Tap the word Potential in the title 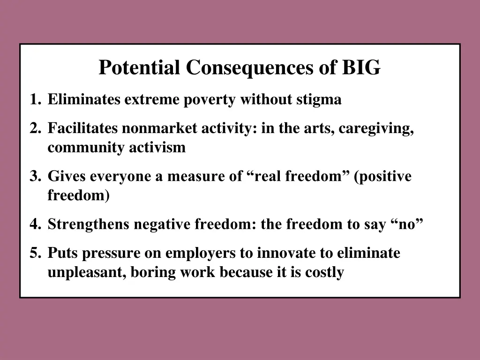(140, 68)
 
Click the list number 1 (34, 100)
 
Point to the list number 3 (34, 177)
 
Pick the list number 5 (34, 254)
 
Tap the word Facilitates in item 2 (82, 128)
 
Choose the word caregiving (376, 128)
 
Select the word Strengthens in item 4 (89, 225)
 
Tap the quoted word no (406, 225)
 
